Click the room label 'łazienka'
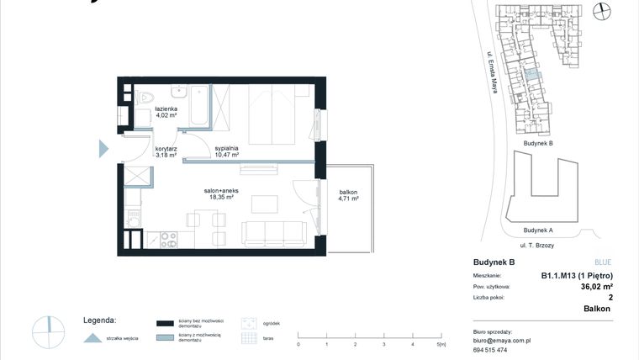[x=166, y=109]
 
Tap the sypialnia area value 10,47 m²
[x=226, y=156]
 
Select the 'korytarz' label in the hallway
[x=166, y=147]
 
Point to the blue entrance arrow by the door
[x=103, y=149]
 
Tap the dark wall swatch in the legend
[x=165, y=322]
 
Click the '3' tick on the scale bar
[x=383, y=344]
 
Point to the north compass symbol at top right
[x=601, y=11]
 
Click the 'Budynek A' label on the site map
[x=537, y=230]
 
